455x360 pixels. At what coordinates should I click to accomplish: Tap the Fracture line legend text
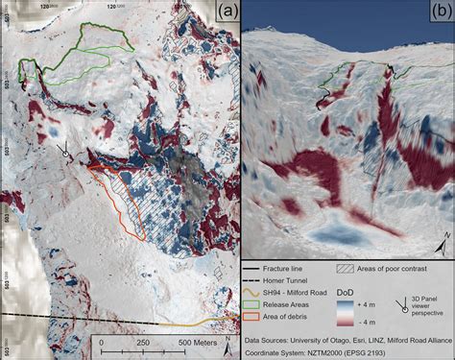tap(286, 270)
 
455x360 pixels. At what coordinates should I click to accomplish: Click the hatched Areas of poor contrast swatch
tap(344, 270)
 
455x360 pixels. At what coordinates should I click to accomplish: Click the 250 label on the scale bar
tap(142, 343)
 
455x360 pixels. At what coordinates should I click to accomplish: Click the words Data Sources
tap(267, 339)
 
